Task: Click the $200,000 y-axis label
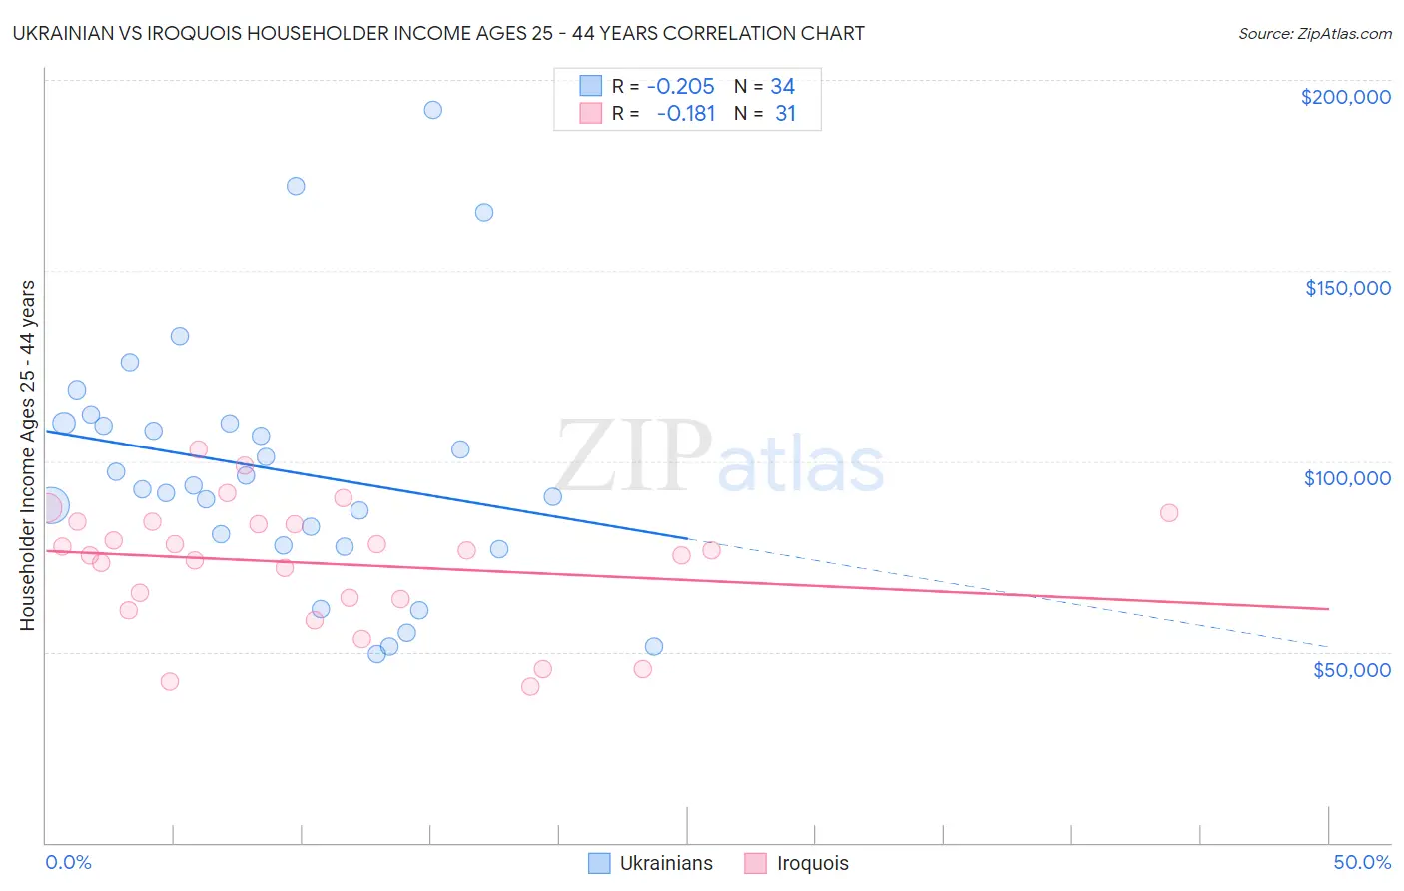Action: tap(1345, 97)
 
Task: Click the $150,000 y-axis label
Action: tap(1347, 288)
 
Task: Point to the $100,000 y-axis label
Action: tap(1347, 478)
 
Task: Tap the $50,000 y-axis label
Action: tap(1351, 669)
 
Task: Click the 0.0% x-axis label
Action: tap(68, 862)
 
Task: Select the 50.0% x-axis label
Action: tap(1362, 862)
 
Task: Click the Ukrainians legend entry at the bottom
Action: tap(665, 863)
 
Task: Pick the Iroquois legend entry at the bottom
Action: tap(812, 863)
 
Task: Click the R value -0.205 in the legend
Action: tap(680, 87)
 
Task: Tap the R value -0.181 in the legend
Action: tap(686, 114)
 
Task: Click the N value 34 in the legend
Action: tap(782, 87)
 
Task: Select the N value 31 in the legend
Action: tap(785, 114)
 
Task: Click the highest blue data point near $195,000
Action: tap(432, 110)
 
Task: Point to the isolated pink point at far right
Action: tap(1169, 512)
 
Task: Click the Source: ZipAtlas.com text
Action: tap(1314, 34)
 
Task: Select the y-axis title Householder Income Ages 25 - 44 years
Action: tap(27, 455)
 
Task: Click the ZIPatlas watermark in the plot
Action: tap(719, 459)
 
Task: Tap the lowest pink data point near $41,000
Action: tap(530, 686)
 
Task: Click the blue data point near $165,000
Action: tap(484, 212)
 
